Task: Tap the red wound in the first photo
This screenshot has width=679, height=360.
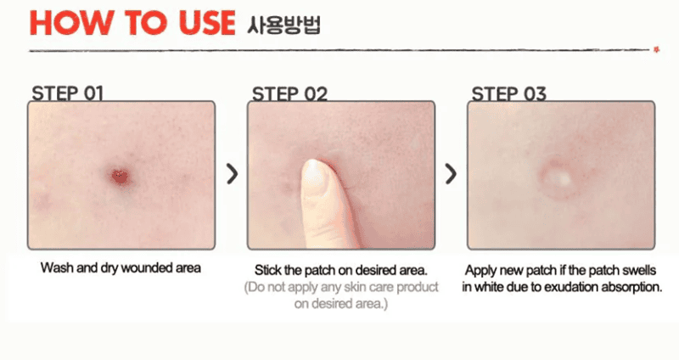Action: (120, 176)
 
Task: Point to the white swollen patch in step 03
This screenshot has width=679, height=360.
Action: (558, 178)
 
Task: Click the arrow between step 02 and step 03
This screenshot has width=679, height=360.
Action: (452, 174)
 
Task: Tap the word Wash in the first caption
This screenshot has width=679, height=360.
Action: (57, 268)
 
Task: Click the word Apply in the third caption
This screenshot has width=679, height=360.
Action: (481, 269)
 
